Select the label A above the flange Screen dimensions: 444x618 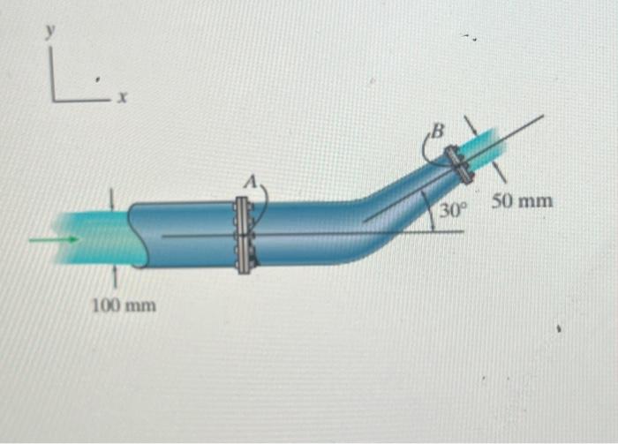[250, 181]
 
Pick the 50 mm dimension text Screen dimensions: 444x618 [523, 201]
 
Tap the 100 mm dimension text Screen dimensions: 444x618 [124, 306]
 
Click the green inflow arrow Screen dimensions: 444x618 [53, 238]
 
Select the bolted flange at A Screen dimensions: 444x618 [244, 236]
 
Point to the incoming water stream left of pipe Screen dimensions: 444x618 [88, 237]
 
